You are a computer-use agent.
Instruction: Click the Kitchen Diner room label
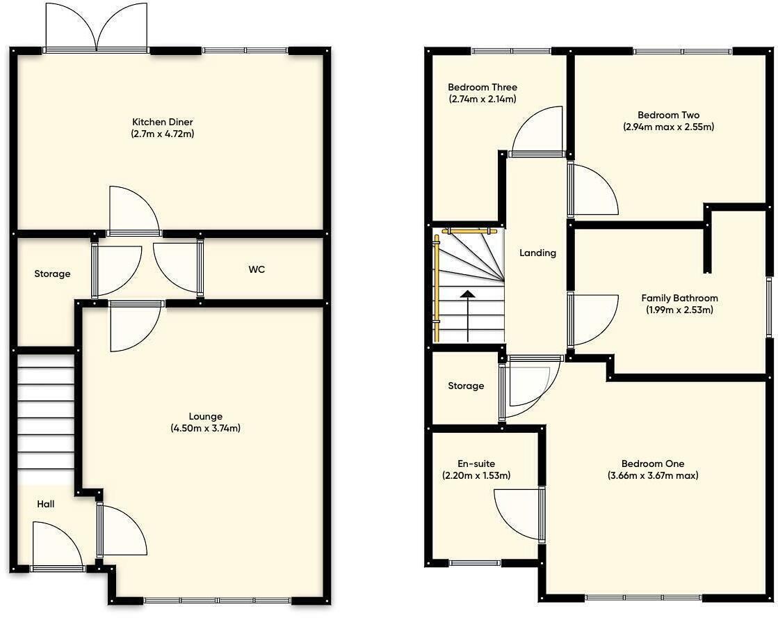coord(162,122)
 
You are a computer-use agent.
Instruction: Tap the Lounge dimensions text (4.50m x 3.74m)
coord(205,429)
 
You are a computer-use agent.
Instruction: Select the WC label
coord(257,269)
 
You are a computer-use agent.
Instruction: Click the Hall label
coord(46,504)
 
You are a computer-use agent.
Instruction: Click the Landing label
coord(537,253)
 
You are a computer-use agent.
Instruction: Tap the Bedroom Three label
coord(482,88)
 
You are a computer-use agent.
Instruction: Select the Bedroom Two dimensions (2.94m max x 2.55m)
coord(668,127)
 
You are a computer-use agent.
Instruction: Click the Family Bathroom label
coord(679,298)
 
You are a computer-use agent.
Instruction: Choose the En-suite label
coord(476,463)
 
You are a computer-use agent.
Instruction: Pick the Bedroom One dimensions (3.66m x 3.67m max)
coord(652,476)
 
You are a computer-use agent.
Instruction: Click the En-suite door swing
coord(518,514)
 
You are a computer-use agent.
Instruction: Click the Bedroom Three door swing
coord(537,131)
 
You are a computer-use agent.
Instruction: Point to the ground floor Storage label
coord(52,274)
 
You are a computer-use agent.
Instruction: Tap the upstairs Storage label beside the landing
coord(466,386)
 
